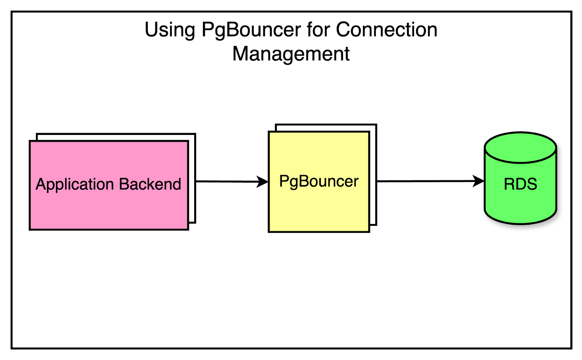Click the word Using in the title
170,30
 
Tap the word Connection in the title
386,29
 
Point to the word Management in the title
291,54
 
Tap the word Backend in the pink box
150,184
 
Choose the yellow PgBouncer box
319,211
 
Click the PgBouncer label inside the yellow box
319,181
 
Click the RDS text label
520,184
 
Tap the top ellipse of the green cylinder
520,147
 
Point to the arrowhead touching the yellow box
263,181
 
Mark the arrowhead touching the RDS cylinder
478,181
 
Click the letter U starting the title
150,29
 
